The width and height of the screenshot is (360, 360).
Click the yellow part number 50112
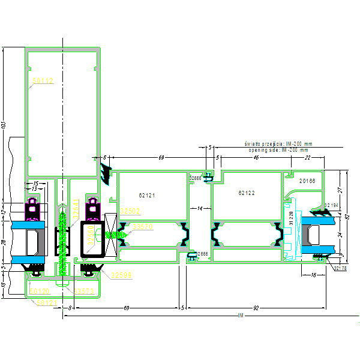pos(43,80)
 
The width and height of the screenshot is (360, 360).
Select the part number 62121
pos(147,195)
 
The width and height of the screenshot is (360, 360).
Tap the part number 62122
pos(247,193)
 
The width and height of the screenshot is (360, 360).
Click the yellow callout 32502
pos(130,211)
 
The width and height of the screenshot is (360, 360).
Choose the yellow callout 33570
pos(143,226)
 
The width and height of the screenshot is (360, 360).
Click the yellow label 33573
pos(84,292)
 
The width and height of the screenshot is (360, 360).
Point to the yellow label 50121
pos(47,303)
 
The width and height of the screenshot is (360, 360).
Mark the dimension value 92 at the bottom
pos(256,308)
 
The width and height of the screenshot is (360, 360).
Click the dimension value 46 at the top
pos(256,157)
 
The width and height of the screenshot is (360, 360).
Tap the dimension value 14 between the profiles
pos(200,208)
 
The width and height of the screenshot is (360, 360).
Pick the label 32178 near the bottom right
pos(340,268)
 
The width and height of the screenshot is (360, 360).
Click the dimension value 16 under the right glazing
pos(313,275)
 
